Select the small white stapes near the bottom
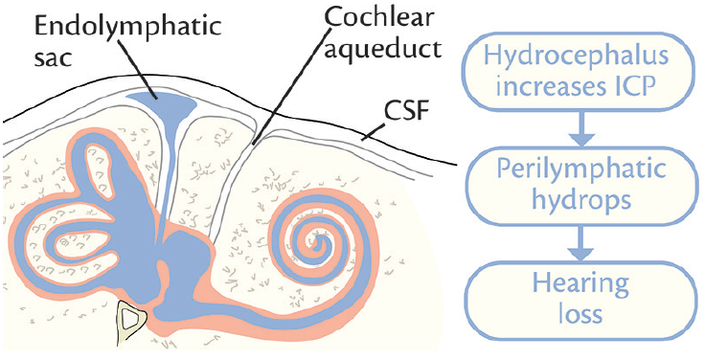tap(130, 317)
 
